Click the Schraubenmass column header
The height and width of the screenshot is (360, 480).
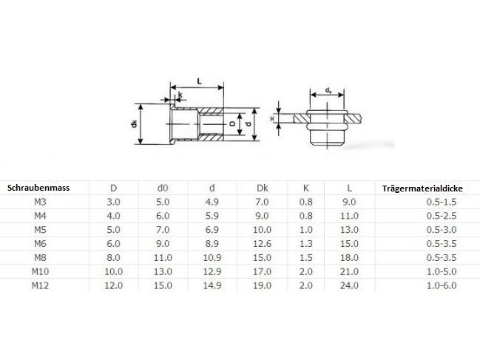pos(38,188)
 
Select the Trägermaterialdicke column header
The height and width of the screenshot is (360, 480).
pos(422,189)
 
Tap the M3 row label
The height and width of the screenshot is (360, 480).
pos(40,202)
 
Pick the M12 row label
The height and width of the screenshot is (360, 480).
pos(40,285)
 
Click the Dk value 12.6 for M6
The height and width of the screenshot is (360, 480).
pos(262,244)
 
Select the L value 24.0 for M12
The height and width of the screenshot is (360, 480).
pos(349,285)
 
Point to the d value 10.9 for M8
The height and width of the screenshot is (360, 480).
pos(212,257)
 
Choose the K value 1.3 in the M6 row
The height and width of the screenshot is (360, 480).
pos(305,244)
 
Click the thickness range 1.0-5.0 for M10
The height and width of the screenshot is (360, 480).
pos(442,271)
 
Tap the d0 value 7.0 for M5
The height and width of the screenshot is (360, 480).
pos(163,230)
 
